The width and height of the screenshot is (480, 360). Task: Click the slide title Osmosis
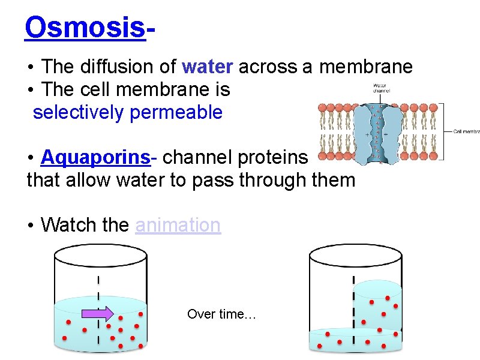[x=85, y=28]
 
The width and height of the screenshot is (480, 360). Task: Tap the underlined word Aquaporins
[x=95, y=157]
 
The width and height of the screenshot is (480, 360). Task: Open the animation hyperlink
[x=178, y=225]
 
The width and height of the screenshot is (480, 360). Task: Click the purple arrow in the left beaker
[x=97, y=313]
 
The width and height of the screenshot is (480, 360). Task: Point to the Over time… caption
[x=221, y=314]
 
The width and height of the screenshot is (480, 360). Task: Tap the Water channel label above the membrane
[x=381, y=89]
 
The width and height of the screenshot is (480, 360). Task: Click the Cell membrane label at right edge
[x=466, y=131]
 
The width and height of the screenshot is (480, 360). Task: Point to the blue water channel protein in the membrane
[x=376, y=132]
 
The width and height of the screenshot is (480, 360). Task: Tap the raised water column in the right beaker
[x=377, y=306]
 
